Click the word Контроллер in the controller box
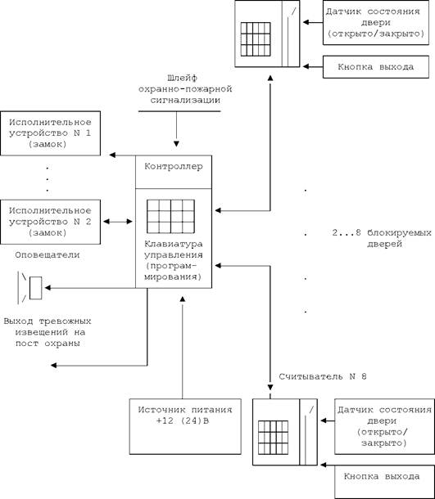pyautogui.click(x=174, y=166)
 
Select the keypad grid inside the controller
pyautogui.click(x=171, y=217)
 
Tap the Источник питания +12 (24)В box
pyautogui.click(x=185, y=426)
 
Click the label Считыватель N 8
pyautogui.click(x=323, y=377)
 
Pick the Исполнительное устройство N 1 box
pyautogui.click(x=50, y=133)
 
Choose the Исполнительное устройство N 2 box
pyautogui.click(x=50, y=222)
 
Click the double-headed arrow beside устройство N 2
pyautogui.click(x=118, y=222)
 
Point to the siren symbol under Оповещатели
pyautogui.click(x=29, y=288)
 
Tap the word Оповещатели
pyautogui.click(x=48, y=255)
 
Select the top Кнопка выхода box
pyautogui.click(x=376, y=67)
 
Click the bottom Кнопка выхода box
pyautogui.click(x=385, y=482)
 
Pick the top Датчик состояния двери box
pyautogui.click(x=376, y=23)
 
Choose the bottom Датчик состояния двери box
pyautogui.click(x=385, y=426)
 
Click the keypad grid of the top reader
pyautogui.click(x=256, y=39)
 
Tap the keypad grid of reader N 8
pyautogui.click(x=273, y=438)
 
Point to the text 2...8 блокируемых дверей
pyautogui.click(x=382, y=238)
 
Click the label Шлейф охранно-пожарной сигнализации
pyautogui.click(x=185, y=89)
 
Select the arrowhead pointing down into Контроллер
pyautogui.click(x=176, y=144)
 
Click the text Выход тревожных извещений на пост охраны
pyautogui.click(x=48, y=332)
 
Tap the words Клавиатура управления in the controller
pyautogui.click(x=174, y=249)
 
